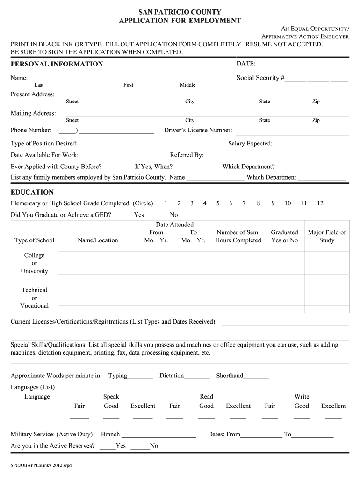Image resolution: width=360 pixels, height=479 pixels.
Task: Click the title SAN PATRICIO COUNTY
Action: click(x=180, y=12)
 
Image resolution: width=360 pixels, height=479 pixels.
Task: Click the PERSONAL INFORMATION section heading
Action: click(x=57, y=64)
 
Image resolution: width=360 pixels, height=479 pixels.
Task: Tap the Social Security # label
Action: click(x=260, y=78)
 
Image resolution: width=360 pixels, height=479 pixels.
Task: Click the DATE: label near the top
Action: click(x=245, y=63)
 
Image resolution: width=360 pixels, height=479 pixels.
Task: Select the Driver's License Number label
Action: click(x=198, y=131)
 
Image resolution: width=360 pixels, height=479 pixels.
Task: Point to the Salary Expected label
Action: click(x=250, y=144)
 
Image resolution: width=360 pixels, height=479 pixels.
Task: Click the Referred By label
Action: click(x=187, y=155)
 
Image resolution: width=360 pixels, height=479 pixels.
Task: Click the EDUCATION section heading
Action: click(x=32, y=192)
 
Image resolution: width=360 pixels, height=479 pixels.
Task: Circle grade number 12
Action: click(x=320, y=203)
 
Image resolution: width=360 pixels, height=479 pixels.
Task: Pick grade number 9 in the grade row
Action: click(x=272, y=203)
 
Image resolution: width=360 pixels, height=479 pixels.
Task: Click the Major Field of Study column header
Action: click(x=327, y=236)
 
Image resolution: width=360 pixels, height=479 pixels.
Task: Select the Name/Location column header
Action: click(x=98, y=240)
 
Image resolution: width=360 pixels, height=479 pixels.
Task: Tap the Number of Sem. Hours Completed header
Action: click(x=238, y=236)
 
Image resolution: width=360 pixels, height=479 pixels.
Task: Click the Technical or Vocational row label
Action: click(x=34, y=298)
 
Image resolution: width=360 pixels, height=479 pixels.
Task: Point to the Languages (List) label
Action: click(x=33, y=387)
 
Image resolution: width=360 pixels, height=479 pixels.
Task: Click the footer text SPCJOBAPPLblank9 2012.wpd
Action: click(x=41, y=466)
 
